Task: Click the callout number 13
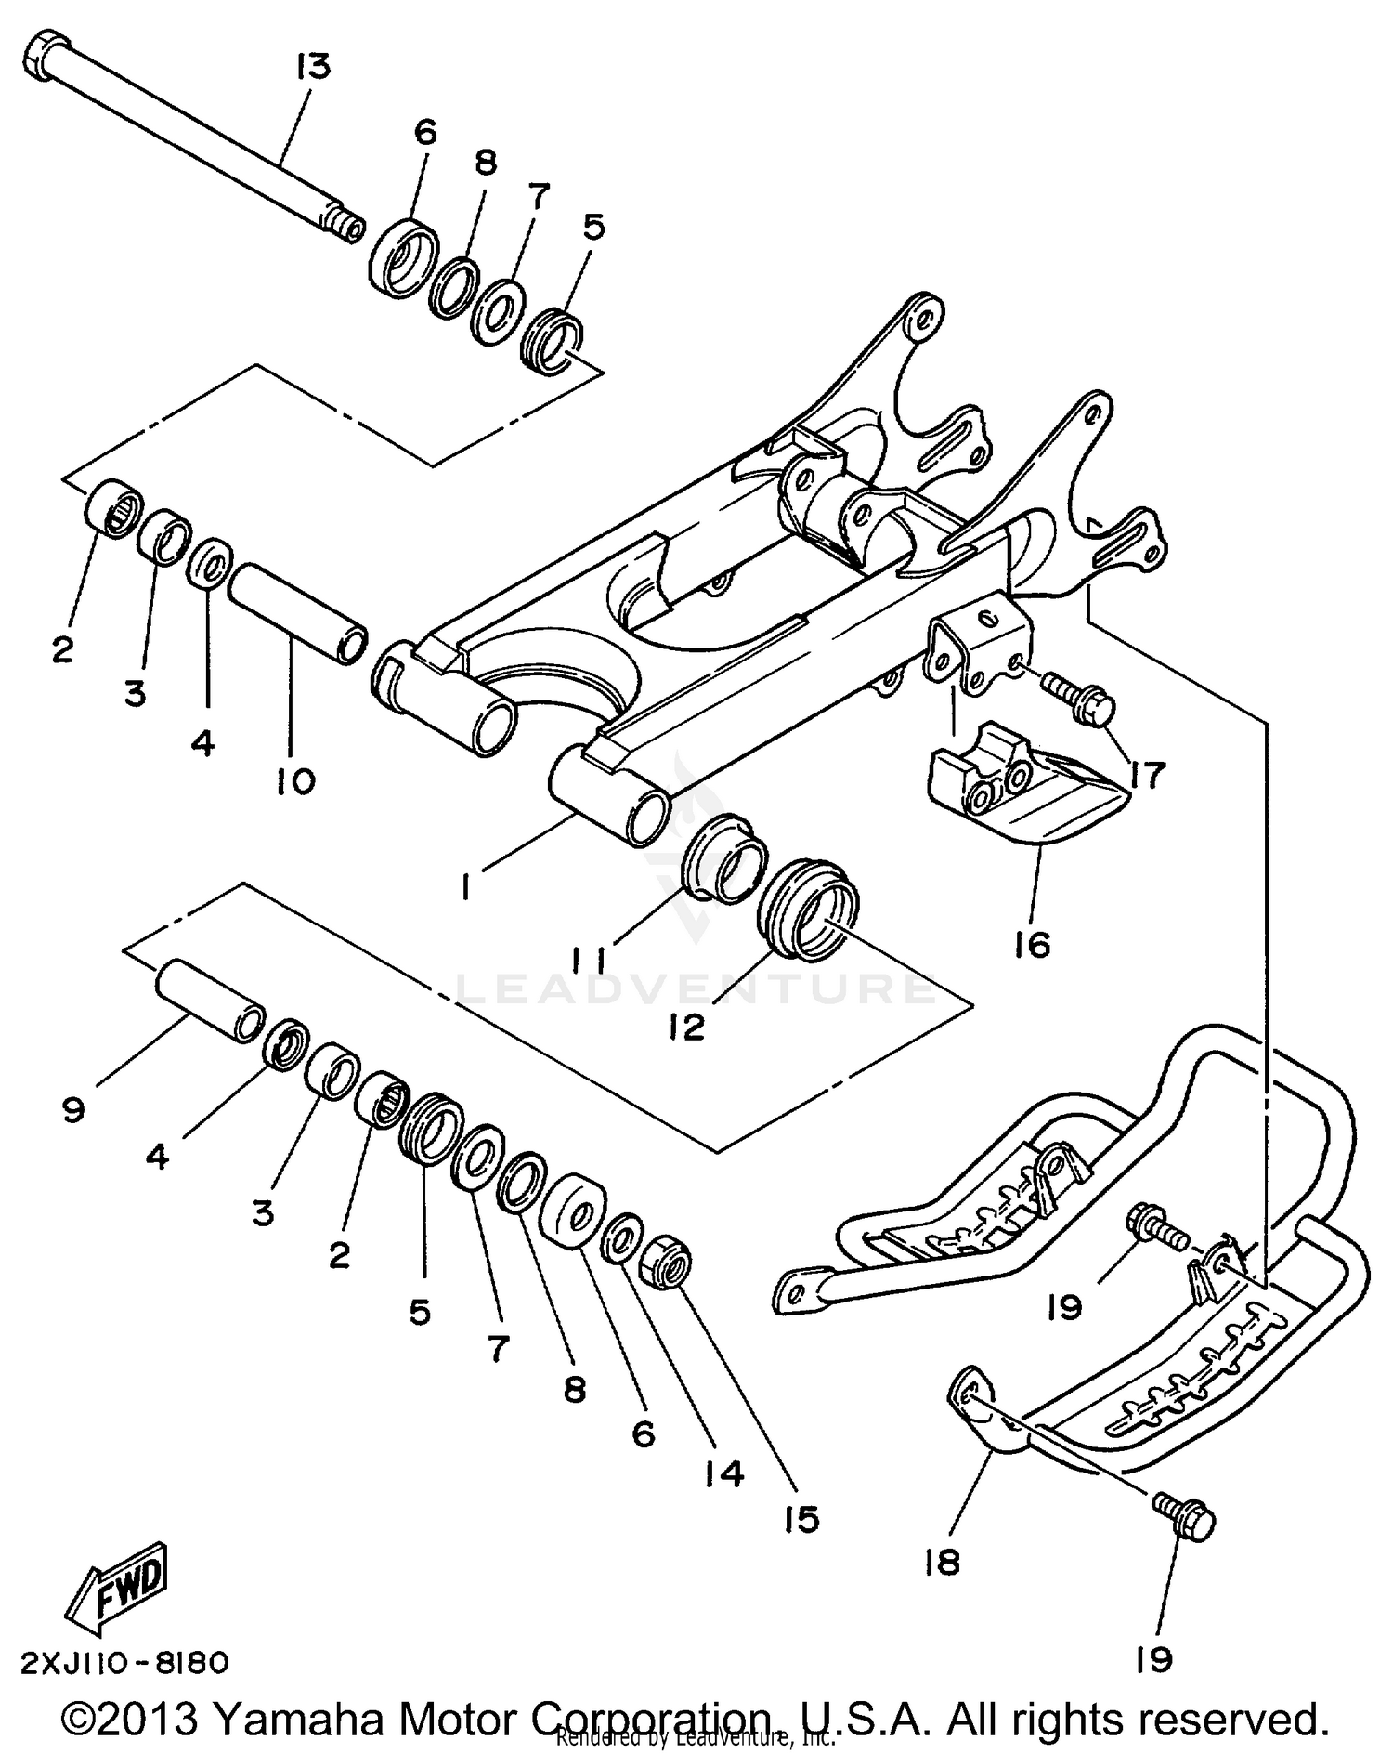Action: pyautogui.click(x=314, y=67)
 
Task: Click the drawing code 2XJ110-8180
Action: pyautogui.click(x=124, y=1662)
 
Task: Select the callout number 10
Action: pyautogui.click(x=295, y=780)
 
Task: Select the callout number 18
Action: pyautogui.click(x=942, y=1563)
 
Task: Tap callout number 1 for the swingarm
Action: pyautogui.click(x=465, y=888)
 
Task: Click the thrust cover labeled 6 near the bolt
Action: pyautogui.click(x=404, y=253)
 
